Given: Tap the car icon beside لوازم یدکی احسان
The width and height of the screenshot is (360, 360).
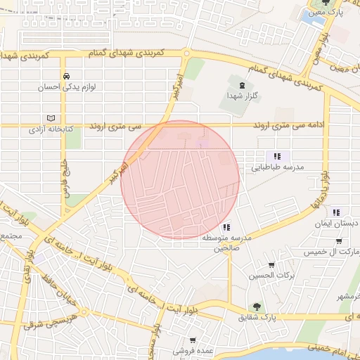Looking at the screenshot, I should tap(65, 76).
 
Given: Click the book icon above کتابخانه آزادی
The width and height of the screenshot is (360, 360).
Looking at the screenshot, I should tap(49, 117).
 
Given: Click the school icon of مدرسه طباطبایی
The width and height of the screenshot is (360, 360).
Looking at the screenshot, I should tap(278, 156).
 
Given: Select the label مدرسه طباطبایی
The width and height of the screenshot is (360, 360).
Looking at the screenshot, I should tap(277, 168).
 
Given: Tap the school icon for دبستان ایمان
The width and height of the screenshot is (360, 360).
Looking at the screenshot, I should tap(336, 212).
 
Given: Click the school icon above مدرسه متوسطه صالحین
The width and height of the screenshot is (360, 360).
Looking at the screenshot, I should tap(226, 227).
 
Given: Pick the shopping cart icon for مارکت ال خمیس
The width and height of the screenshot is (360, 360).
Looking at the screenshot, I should tap(340, 240).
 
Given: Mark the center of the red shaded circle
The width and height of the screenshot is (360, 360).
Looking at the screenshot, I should tap(180, 179).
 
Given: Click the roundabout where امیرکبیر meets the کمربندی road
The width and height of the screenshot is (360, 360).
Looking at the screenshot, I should tap(186, 53).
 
